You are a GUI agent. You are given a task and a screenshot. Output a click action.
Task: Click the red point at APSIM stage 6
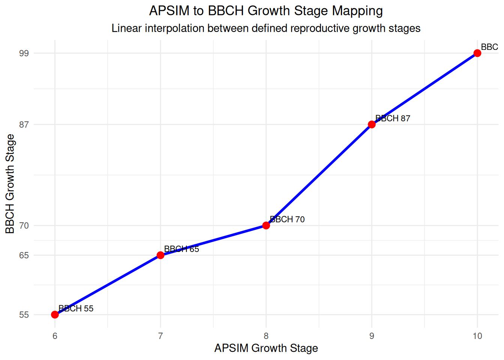click(55, 315)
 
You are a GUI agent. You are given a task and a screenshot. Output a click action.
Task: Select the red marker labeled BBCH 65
click(160, 255)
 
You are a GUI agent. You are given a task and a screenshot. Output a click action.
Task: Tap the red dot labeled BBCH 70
click(266, 225)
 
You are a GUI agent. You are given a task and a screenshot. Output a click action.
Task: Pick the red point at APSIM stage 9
click(372, 124)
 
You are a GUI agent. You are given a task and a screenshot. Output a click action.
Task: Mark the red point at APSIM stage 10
click(477, 53)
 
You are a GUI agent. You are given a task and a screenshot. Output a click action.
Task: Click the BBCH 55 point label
click(76, 309)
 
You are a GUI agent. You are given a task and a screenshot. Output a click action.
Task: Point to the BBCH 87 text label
click(393, 118)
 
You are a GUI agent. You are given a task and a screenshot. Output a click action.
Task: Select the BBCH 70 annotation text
click(287, 219)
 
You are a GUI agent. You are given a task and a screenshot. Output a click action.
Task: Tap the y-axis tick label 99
click(24, 53)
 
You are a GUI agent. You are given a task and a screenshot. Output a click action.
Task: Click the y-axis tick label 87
click(24, 124)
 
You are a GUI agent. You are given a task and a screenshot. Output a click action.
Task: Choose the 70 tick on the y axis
click(24, 226)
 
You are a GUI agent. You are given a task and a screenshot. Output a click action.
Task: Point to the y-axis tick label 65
click(24, 255)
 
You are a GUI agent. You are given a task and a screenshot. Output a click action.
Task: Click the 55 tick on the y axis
click(24, 315)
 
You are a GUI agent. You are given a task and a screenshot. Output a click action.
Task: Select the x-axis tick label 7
click(160, 336)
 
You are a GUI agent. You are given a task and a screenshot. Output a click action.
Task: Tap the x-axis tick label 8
click(266, 336)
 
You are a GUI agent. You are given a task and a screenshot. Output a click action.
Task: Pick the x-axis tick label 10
click(477, 336)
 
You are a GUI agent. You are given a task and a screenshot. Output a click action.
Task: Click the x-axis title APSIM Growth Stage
click(266, 348)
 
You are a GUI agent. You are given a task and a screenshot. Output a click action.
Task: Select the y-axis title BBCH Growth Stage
click(10, 184)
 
